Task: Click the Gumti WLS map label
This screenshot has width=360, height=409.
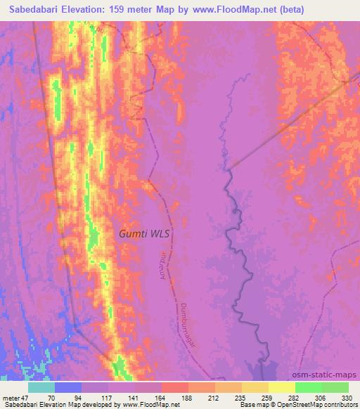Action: pyautogui.click(x=145, y=233)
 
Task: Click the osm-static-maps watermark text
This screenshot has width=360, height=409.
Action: pyautogui.click(x=330, y=375)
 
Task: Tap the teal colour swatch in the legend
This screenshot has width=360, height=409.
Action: pyautogui.click(x=41, y=387)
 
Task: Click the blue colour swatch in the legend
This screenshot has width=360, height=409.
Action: pyautogui.click(x=68, y=387)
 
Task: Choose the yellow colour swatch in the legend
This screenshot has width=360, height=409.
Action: pyautogui.click(x=282, y=387)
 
